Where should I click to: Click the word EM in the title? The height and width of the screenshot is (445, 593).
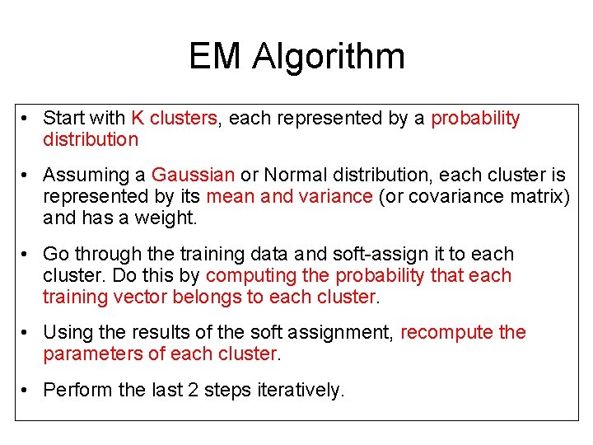216,57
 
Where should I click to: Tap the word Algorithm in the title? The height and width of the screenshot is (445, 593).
329,57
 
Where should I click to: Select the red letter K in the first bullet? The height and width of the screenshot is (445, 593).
137,118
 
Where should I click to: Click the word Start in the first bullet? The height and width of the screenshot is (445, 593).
64,118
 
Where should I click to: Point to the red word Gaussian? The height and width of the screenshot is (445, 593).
194,175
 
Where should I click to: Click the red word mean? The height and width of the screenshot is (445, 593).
230,196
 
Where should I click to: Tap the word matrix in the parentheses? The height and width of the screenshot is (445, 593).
539,196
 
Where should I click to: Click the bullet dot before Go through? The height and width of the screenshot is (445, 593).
27,254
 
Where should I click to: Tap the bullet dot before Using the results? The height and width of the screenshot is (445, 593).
27,332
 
